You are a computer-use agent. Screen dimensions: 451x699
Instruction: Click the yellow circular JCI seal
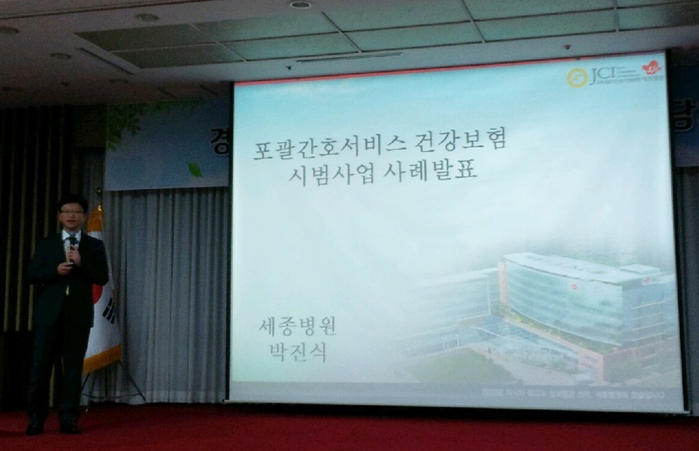577,77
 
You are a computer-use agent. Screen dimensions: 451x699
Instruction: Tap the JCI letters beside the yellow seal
598,75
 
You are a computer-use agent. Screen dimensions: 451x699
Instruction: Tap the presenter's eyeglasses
73,213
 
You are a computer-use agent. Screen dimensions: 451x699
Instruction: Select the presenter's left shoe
70,428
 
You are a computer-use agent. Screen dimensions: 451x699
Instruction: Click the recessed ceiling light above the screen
300,5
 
